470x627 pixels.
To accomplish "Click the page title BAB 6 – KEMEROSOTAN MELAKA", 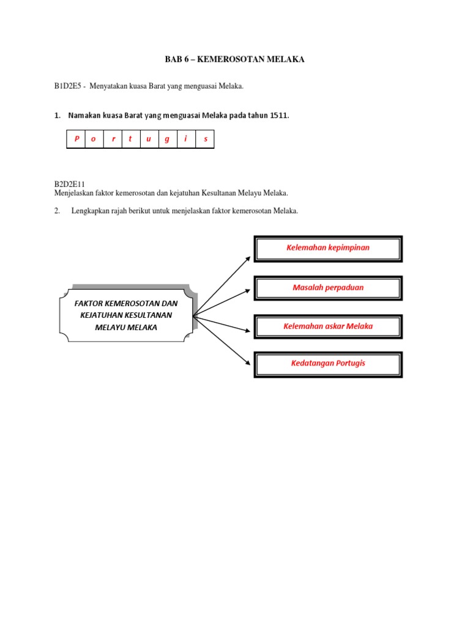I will (234, 59).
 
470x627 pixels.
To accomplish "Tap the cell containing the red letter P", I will (76, 139).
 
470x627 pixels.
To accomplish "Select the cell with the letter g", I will (167, 139).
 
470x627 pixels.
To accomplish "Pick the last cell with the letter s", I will (206, 139).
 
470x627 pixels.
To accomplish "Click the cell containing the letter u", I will (149, 139).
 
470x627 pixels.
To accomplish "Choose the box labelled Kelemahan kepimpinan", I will (328, 248).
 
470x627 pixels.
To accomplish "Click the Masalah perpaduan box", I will (328, 287).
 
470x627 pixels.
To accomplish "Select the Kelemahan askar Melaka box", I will (328, 326).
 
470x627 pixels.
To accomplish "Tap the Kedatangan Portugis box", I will (328, 364).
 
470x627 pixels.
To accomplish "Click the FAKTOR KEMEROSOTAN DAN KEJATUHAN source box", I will (126, 315).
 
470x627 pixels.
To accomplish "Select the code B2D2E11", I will (69, 184).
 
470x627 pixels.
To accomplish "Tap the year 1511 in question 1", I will (278, 115).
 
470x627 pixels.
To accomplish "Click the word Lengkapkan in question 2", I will (89, 211).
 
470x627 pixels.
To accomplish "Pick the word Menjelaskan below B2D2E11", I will (76, 193).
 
